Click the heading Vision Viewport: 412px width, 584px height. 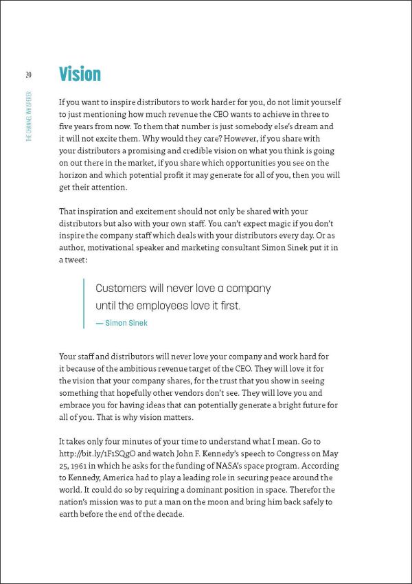click(x=80, y=74)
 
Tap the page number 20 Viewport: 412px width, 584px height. click(x=28, y=74)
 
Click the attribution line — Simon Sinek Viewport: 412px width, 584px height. click(x=122, y=323)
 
